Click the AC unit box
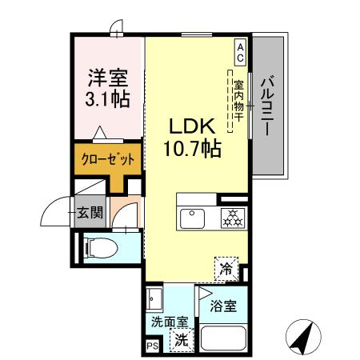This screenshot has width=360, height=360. tap(239, 52)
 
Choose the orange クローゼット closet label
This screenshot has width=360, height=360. tap(107, 158)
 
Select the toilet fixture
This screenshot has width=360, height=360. tap(100, 246)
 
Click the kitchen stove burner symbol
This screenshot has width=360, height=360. tap(231, 218)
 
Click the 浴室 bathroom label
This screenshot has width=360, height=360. tap(222, 306)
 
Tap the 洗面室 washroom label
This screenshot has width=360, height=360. tap(170, 322)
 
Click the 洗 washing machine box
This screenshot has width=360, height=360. tap(182, 339)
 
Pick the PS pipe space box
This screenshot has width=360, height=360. tap(152, 346)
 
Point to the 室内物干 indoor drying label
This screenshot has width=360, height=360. tap(239, 102)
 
